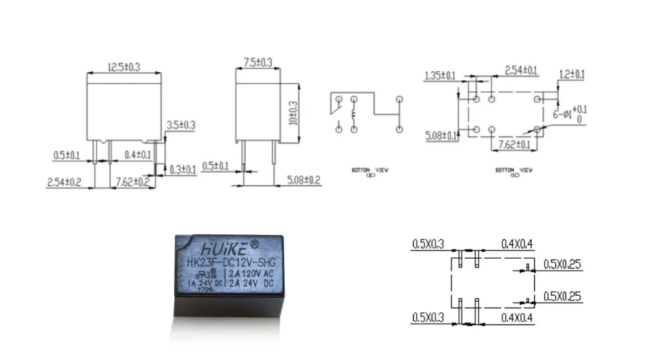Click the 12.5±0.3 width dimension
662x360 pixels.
click(x=124, y=67)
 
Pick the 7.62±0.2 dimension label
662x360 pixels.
click(x=133, y=182)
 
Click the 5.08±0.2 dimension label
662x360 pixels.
click(x=304, y=180)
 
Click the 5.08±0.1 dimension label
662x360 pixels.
click(x=441, y=136)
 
